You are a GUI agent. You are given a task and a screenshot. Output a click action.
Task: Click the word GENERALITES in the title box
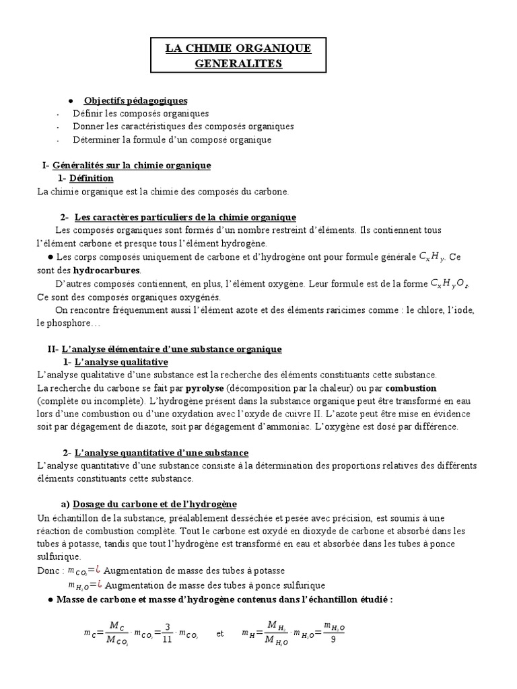point(239,63)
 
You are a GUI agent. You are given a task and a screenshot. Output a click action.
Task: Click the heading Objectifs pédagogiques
point(135,100)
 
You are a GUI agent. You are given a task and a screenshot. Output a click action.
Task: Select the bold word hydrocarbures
point(106,270)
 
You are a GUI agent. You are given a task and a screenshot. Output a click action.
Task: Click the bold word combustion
point(411,388)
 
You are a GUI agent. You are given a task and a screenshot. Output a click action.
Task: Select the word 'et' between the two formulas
point(220,633)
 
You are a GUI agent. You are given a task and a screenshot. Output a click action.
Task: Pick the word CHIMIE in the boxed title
point(211,48)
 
